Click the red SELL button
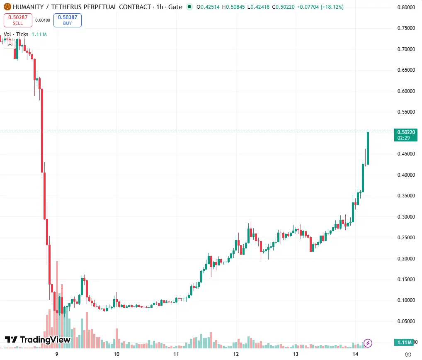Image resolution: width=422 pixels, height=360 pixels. tap(18, 20)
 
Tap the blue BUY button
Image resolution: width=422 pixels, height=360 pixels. tap(68, 20)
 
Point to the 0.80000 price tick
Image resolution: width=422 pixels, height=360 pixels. tap(406, 7)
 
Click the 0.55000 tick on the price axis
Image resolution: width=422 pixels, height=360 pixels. tap(406, 112)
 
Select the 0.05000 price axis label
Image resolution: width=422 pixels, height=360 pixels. tap(406, 321)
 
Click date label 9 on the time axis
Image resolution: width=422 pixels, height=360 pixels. tap(57, 354)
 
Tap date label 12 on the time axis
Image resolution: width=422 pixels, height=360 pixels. tap(236, 354)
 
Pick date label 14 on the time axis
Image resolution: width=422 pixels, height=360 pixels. tap(355, 354)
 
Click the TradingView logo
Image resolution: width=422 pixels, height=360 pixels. tap(38, 340)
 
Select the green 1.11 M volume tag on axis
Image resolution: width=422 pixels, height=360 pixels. tap(404, 342)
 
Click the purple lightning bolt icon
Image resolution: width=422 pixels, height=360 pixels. tap(368, 343)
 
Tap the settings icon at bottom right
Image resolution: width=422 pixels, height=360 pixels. tap(408, 354)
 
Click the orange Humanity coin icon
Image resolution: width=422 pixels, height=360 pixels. tap(7, 7)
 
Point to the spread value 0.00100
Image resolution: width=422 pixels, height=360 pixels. tap(43, 20)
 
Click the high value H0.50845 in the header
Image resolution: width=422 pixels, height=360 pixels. tap(233, 7)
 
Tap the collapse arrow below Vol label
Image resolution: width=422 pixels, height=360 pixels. tap(10, 45)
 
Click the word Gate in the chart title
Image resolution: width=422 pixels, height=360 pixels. tap(175, 7)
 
